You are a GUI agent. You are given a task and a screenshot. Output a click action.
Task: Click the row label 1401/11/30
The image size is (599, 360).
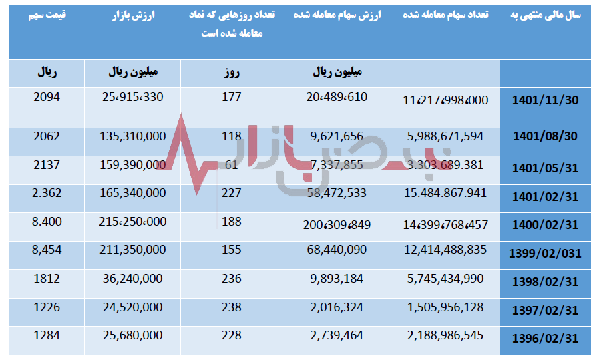pos(545,102)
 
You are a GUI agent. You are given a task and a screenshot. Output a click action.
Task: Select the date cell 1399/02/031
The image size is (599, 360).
pos(546,254)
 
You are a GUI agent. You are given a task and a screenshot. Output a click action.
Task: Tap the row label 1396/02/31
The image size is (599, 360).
pos(545,339)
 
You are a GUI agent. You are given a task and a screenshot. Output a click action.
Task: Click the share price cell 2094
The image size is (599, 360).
pos(46,97)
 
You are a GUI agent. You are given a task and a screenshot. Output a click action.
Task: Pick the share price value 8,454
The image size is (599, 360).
pos(46,250)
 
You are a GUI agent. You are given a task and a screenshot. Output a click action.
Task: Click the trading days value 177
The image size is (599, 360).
pos(231,97)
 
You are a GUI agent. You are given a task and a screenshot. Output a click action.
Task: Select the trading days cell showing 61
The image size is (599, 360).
pos(231,164)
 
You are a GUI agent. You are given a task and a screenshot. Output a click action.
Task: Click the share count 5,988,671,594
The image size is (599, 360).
pos(445,136)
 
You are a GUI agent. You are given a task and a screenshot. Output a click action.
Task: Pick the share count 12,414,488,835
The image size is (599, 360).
pos(445,250)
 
